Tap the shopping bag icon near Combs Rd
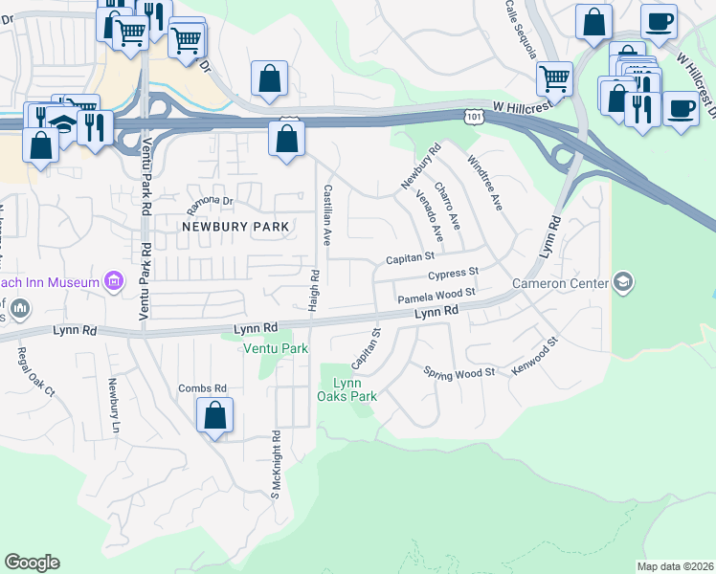215,416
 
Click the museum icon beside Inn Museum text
114,281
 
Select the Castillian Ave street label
327,215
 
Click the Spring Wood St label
459,371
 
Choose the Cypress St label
453,275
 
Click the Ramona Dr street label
210,201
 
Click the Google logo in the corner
32,563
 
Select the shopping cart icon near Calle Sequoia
554,78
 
